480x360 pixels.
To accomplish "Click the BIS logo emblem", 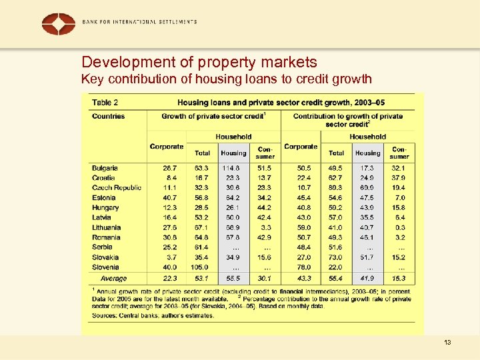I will [x=59, y=24].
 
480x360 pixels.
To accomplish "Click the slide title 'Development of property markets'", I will [x=199, y=63].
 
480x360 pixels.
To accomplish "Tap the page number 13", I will [x=447, y=343].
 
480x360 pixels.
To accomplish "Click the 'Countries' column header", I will [x=108, y=116].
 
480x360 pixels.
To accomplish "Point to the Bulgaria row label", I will [x=105, y=168].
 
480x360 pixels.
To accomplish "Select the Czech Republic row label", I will [x=117, y=188].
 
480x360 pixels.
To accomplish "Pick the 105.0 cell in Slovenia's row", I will [x=202, y=267].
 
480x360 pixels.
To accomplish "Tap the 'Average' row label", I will [x=113, y=279].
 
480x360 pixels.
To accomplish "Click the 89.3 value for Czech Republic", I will [x=336, y=188].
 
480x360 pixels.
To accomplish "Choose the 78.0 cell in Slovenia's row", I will [x=303, y=267].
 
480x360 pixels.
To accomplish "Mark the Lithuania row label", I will [x=106, y=227].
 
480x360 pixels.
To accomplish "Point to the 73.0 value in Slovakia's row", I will [x=336, y=257].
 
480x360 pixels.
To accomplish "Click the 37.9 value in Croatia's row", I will [x=399, y=178].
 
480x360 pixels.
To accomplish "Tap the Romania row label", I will [x=106, y=237].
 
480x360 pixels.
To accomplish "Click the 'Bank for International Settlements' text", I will [x=139, y=21].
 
